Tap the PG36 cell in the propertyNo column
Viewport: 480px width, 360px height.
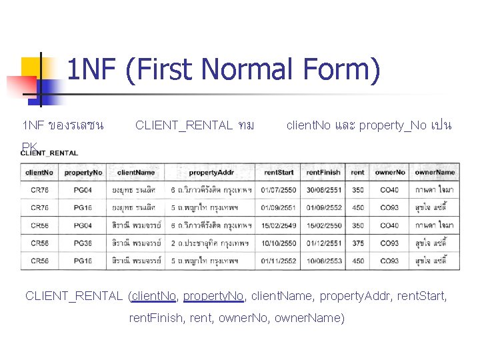[83, 243]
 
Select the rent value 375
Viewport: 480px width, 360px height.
[358, 243]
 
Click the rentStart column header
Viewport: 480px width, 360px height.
[279, 172]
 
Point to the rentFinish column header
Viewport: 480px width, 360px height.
[323, 172]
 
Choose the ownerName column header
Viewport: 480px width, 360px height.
[435, 172]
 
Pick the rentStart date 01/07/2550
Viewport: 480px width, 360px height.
[279, 191]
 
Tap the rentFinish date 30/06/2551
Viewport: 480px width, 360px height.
[323, 191]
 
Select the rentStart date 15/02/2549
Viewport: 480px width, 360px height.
[279, 226]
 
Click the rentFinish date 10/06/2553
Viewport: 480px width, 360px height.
[323, 261]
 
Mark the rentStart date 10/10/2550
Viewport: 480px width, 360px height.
[279, 243]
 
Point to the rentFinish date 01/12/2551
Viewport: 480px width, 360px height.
[323, 243]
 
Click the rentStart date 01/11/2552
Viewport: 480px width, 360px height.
[279, 261]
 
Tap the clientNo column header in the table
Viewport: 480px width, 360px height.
[39, 172]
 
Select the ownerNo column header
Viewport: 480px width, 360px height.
[390, 172]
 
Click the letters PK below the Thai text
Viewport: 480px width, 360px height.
[29, 147]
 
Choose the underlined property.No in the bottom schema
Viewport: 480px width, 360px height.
[212, 295]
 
